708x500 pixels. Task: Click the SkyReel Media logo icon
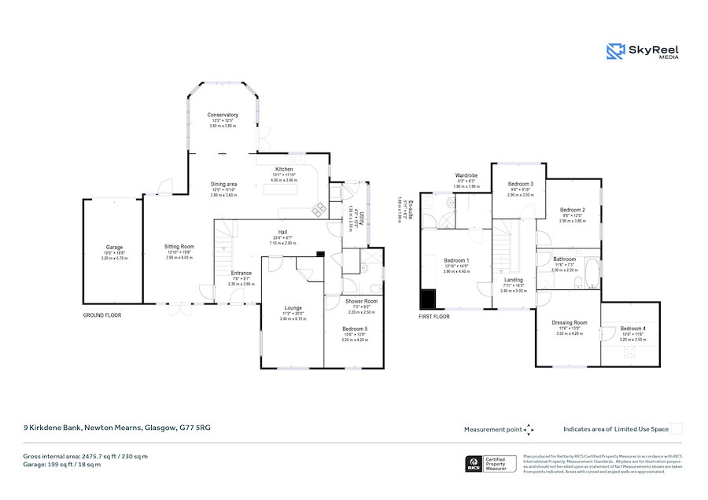tap(615, 52)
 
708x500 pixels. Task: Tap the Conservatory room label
tap(223, 116)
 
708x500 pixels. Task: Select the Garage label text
tap(113, 247)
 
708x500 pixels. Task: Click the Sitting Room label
tap(179, 246)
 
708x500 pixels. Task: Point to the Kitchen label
tap(284, 169)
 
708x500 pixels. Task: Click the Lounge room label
tap(293, 307)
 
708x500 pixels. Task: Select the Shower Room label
tap(362, 301)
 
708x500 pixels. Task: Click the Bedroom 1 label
tap(456, 260)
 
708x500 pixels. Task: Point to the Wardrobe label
tap(466, 175)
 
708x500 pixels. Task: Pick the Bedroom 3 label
tap(521, 183)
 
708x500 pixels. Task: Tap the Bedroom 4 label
tap(632, 328)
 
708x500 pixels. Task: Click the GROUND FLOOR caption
tap(102, 315)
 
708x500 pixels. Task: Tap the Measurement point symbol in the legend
tap(529, 429)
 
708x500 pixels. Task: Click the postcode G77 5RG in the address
tap(195, 428)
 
